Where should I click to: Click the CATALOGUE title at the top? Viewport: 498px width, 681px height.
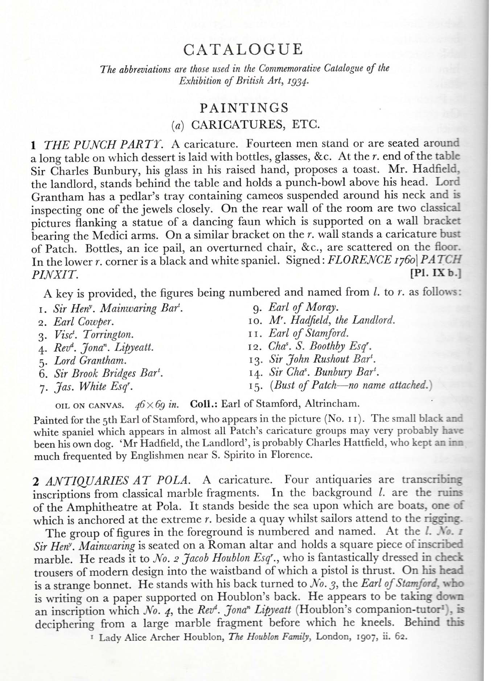pyautogui.click(x=243, y=49)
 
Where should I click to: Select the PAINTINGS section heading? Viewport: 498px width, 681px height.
pyautogui.click(x=244, y=108)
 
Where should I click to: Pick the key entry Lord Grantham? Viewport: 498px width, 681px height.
pyautogui.click(x=90, y=361)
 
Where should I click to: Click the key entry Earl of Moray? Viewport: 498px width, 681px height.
pyautogui.click(x=303, y=308)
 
